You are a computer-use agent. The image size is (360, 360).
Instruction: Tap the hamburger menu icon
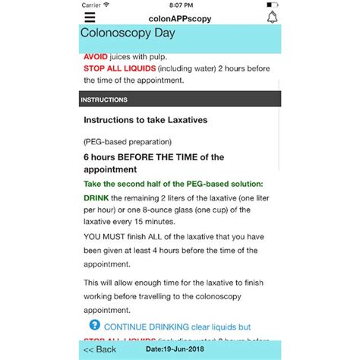pos(90,17)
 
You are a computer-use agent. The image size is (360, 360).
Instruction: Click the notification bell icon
pos(271,17)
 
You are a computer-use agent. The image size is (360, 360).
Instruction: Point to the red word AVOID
pos(96,56)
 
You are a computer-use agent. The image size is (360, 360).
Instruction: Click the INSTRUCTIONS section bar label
pos(104,99)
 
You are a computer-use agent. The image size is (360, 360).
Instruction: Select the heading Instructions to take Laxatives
pos(144,120)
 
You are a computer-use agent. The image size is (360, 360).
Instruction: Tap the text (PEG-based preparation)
pos(127,141)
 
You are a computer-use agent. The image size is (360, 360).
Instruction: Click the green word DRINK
pos(97,197)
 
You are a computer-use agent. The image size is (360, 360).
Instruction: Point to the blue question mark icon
pos(94,324)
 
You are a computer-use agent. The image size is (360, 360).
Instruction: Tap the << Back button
pos(99,349)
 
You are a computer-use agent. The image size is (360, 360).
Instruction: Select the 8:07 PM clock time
pos(179,5)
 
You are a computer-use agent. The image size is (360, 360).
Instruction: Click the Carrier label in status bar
pos(91,5)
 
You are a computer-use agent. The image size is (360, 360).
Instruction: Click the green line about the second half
pos(173,184)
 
